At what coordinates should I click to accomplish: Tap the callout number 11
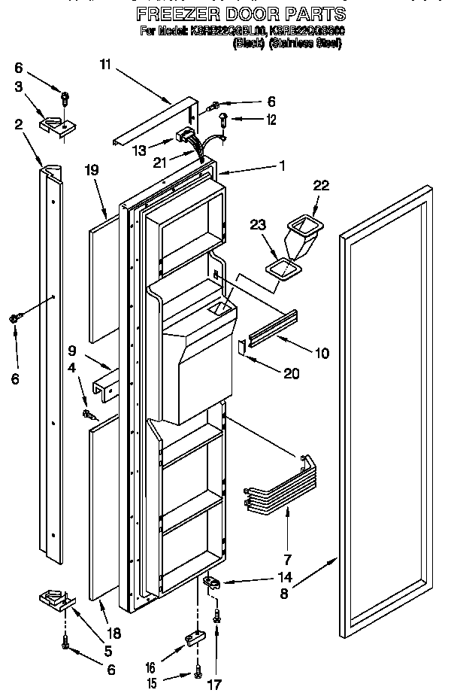click(x=105, y=65)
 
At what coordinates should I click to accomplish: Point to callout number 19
click(x=92, y=171)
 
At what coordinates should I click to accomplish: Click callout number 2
click(x=17, y=125)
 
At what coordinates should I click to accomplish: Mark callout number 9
click(x=72, y=350)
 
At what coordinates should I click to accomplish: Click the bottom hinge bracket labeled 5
click(x=56, y=600)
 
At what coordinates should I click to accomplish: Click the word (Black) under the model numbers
click(x=249, y=44)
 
